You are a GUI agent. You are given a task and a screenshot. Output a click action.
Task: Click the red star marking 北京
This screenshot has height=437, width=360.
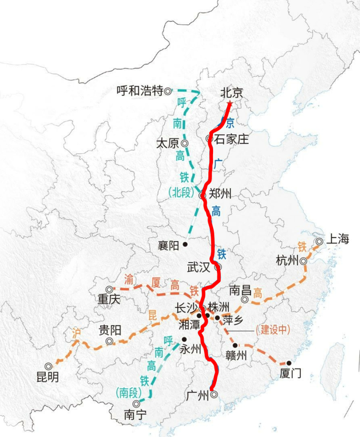click(x=229, y=104)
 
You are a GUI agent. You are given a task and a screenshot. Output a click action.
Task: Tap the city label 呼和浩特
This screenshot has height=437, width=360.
click(x=140, y=91)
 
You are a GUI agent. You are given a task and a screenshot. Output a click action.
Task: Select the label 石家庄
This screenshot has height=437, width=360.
click(x=231, y=139)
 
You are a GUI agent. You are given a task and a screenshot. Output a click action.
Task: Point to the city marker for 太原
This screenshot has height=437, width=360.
click(x=185, y=143)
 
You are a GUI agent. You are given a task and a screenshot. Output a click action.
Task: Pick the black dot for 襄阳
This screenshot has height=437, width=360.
click(x=185, y=244)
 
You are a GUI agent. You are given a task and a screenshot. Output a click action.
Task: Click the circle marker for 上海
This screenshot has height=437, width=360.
click(x=319, y=241)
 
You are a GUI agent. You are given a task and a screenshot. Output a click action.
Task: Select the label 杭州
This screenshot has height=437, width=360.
click(x=287, y=261)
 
